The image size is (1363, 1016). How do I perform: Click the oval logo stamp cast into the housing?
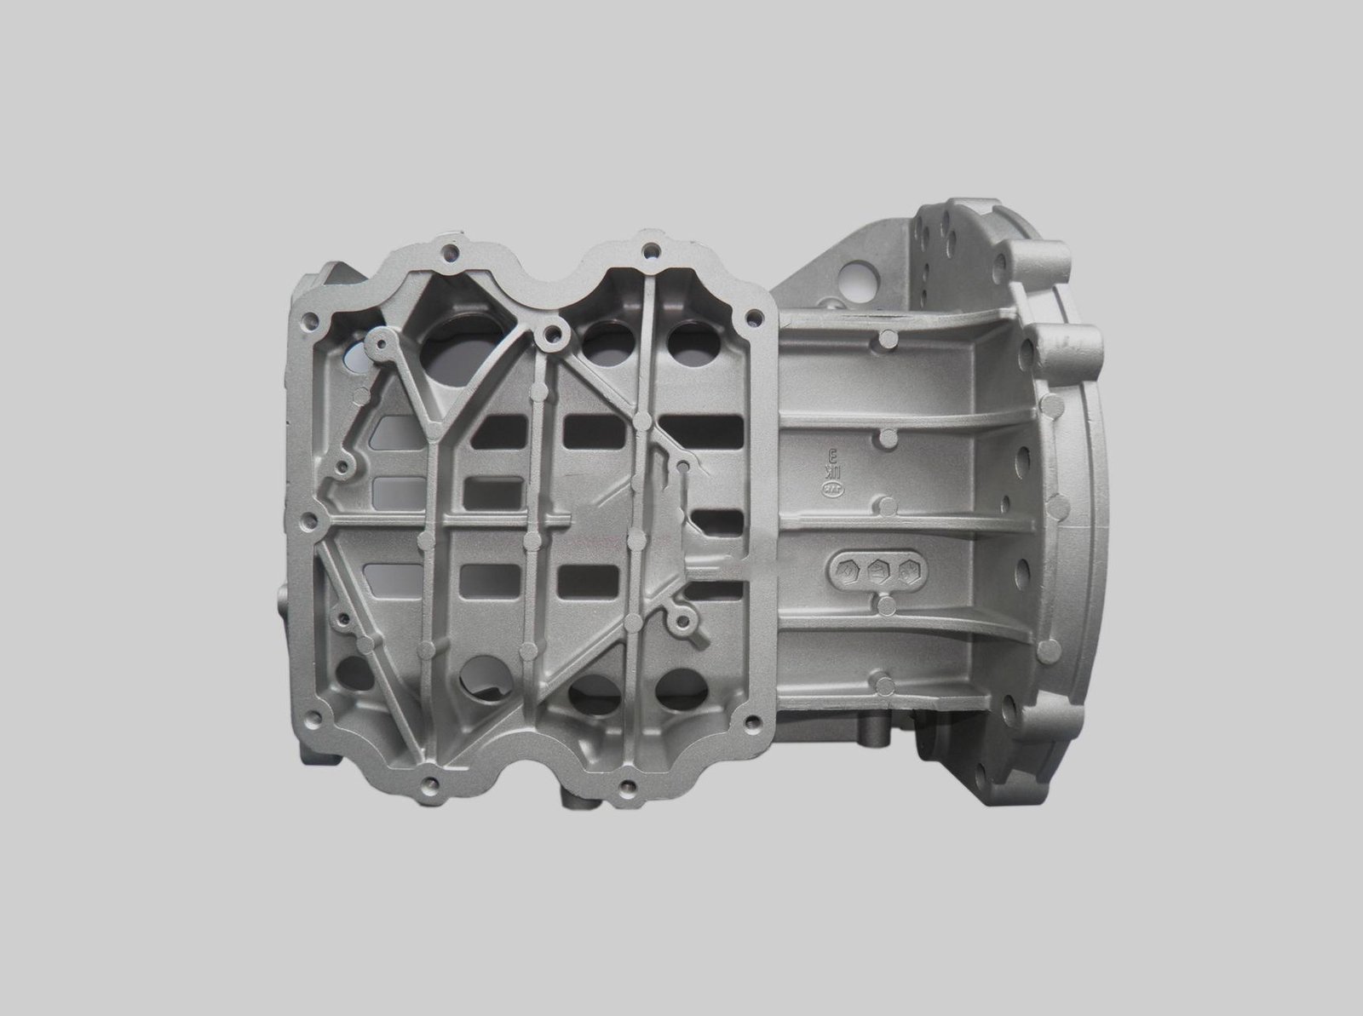(x=827, y=490)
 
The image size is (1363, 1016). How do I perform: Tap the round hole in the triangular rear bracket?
(x=852, y=278)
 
